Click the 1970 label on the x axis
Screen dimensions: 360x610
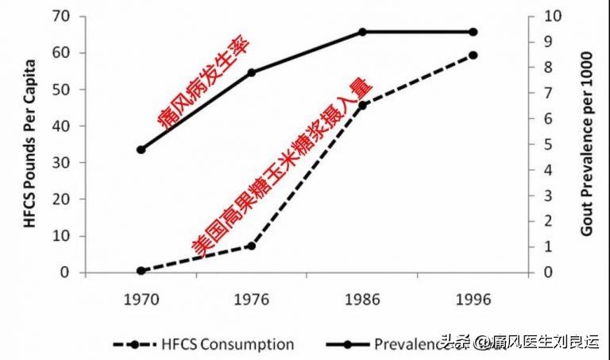click(x=141, y=300)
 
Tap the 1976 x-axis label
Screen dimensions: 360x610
click(x=251, y=300)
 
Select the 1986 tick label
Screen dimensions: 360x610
click(x=362, y=300)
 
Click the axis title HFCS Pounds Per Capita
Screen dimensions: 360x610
click(x=29, y=143)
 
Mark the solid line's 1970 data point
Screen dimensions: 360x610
click(x=141, y=149)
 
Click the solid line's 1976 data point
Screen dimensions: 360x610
click(x=252, y=72)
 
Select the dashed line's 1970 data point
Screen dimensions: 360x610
click(x=141, y=271)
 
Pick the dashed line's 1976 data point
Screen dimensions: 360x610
click(x=252, y=246)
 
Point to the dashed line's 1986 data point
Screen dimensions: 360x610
click(x=362, y=105)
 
